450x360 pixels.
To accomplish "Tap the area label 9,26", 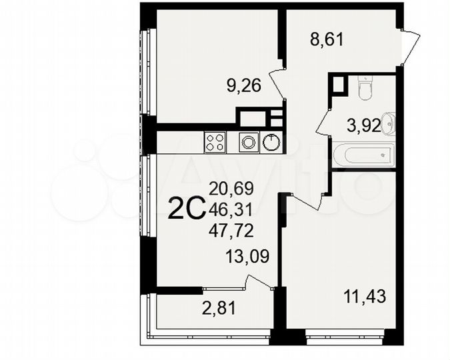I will (243, 85).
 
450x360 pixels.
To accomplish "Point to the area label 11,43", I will (365, 295).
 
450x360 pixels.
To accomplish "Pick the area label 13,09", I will (247, 256).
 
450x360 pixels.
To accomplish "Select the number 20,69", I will (230, 189).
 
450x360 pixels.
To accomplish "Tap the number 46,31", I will (230, 210).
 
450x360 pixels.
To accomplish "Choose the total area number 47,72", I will (230, 231).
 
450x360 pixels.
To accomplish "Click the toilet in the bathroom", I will (365, 88).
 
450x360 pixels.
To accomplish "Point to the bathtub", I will (364, 155).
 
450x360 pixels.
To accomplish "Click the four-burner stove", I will (215, 142).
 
